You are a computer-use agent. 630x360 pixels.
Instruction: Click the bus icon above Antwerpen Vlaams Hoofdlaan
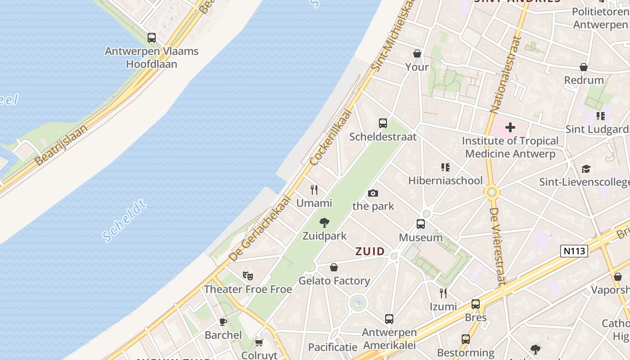[x=152, y=38]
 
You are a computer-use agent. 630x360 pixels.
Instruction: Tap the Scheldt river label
[x=124, y=221]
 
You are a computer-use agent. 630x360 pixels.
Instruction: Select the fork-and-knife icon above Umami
[x=314, y=190]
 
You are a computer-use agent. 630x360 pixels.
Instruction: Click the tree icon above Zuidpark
[x=324, y=222]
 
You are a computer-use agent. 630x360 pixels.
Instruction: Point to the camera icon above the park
[x=373, y=193]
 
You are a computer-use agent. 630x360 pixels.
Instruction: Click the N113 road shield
[x=574, y=251]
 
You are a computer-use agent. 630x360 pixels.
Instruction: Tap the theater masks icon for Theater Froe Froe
[x=247, y=275]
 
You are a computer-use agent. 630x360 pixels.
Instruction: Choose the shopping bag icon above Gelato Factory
[x=334, y=267]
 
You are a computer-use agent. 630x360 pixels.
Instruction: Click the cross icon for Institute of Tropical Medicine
[x=510, y=127]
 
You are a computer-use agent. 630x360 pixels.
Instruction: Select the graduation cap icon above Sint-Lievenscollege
[x=586, y=169]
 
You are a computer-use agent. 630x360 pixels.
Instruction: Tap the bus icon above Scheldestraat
[x=383, y=123]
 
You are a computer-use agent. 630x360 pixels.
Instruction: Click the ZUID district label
[x=370, y=252]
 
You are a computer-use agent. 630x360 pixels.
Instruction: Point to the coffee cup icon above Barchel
[x=223, y=321]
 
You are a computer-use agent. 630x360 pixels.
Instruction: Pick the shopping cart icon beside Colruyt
[x=259, y=343]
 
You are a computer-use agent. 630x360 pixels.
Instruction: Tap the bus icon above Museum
[x=421, y=224]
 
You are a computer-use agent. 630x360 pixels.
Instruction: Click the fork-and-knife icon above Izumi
[x=443, y=293]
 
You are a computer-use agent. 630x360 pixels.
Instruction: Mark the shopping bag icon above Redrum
[x=584, y=67]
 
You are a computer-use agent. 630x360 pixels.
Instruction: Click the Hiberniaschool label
[x=445, y=180]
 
